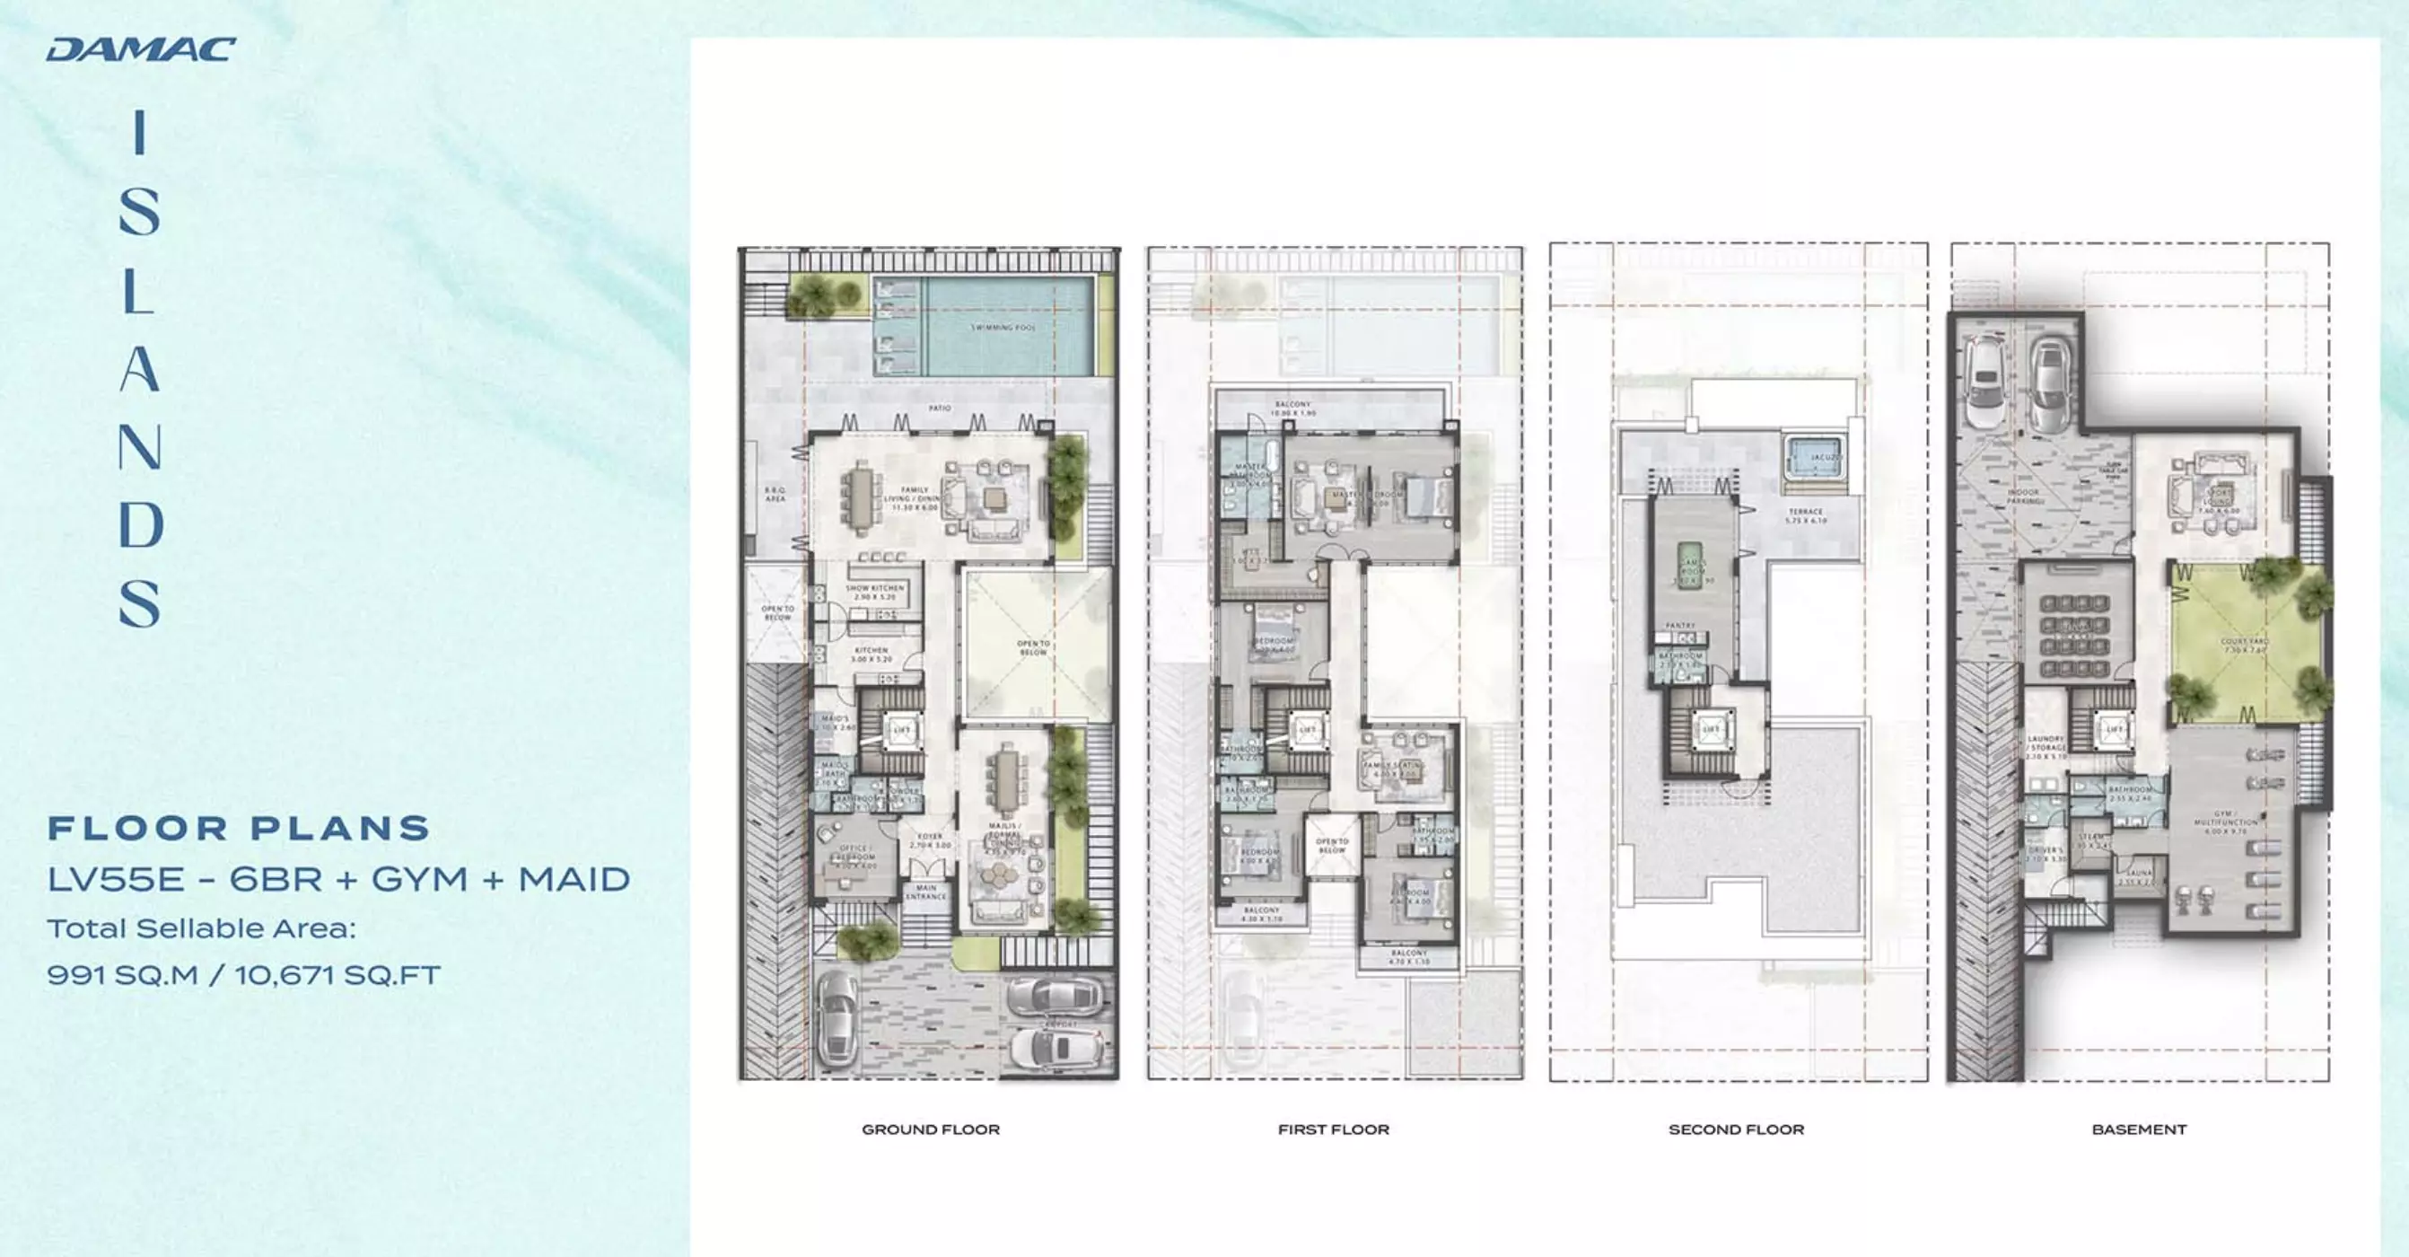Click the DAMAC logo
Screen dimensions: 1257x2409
click(141, 49)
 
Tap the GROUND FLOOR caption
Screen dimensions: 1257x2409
click(931, 1130)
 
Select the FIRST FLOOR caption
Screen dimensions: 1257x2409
click(1334, 1130)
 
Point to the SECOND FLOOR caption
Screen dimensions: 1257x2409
click(1737, 1130)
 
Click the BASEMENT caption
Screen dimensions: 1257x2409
click(2139, 1130)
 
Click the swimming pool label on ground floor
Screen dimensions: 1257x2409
click(1003, 328)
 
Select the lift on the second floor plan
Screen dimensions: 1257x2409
click(1711, 729)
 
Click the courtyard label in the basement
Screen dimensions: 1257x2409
click(2244, 646)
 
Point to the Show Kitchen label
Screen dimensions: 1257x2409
click(874, 592)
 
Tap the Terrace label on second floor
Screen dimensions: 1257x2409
click(1805, 515)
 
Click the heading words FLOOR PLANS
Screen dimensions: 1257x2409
click(240, 828)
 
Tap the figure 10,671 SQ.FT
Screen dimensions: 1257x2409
click(337, 974)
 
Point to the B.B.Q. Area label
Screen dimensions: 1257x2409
click(775, 494)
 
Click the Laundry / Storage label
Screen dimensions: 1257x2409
click(2045, 746)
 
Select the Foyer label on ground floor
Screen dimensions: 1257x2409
click(930, 839)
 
